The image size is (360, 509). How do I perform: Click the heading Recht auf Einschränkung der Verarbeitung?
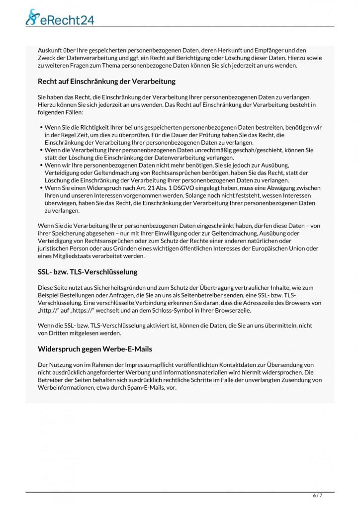[x=106, y=81]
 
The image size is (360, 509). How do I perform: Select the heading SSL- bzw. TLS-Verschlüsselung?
[x=87, y=272]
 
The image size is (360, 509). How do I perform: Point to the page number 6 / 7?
[x=318, y=496]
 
